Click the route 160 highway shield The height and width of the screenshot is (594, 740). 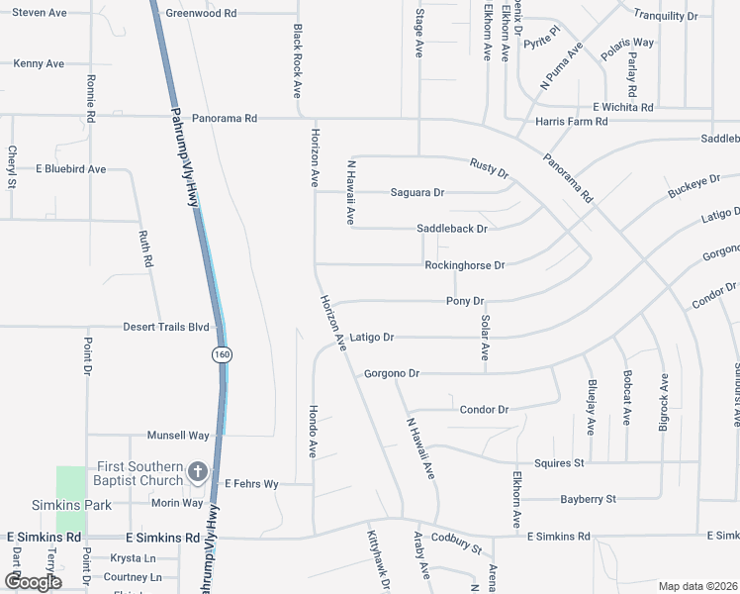(x=221, y=354)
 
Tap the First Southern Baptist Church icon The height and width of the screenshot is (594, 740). (x=198, y=471)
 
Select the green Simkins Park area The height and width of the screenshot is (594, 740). (x=70, y=498)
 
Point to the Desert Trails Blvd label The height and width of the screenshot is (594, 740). (x=166, y=327)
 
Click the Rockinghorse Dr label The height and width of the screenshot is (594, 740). (x=464, y=265)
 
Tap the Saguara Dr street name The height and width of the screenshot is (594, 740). (x=416, y=192)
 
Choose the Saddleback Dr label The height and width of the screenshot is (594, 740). (x=452, y=229)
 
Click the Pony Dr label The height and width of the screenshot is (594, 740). (x=465, y=301)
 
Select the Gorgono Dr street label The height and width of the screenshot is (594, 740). (x=392, y=374)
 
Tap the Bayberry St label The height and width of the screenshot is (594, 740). (x=588, y=499)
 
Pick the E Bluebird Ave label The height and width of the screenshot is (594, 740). (x=70, y=169)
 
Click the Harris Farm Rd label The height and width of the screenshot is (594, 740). (x=571, y=121)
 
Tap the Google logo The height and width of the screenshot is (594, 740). (x=33, y=582)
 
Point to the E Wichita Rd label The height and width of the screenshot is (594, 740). (x=622, y=107)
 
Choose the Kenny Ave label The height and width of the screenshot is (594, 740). (x=39, y=63)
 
